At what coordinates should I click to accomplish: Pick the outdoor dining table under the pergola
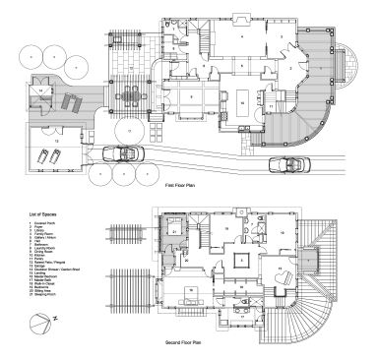127,97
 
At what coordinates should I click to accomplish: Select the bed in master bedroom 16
183,298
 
